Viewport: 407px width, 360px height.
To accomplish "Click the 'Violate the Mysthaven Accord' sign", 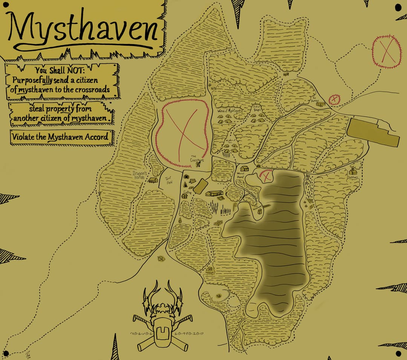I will click(60, 137).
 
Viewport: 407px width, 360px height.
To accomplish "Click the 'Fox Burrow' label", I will click(316, 100).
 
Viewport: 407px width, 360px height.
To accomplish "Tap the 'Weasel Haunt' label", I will click(241, 175).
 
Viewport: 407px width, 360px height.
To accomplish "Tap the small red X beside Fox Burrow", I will click(334, 100).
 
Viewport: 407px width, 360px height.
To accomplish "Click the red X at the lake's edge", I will click(266, 176).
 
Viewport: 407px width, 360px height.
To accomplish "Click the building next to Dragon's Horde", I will click(153, 180).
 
